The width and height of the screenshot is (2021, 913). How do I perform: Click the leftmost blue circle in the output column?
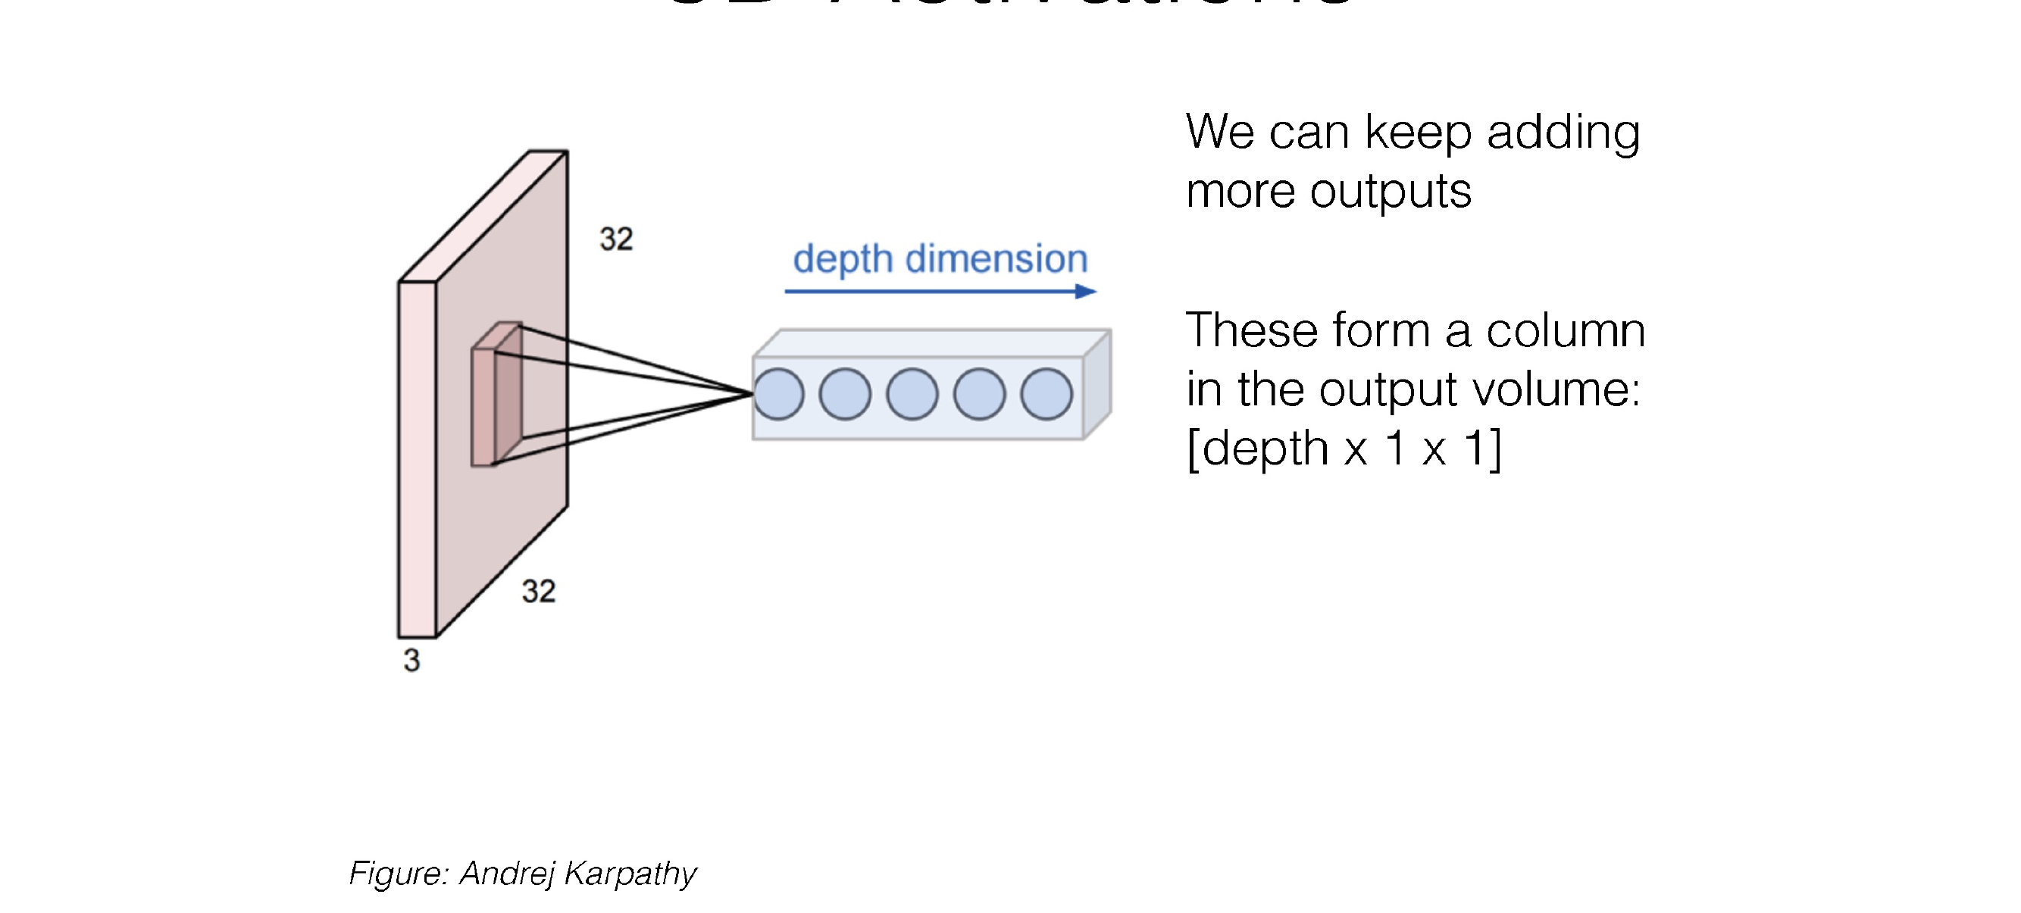(778, 394)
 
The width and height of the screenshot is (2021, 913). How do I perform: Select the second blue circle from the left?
(845, 394)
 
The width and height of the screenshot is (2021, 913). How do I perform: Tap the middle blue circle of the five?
(912, 394)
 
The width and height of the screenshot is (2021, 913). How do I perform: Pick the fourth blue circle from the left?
(979, 394)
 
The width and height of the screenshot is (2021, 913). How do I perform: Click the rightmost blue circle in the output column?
(1046, 394)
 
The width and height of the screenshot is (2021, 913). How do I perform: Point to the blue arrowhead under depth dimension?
(1086, 292)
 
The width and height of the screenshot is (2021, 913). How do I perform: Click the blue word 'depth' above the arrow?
(843, 260)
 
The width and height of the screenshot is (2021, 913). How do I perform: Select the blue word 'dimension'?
(996, 260)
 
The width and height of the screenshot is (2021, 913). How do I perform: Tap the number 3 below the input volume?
(412, 661)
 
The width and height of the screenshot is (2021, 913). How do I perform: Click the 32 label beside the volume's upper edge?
(616, 239)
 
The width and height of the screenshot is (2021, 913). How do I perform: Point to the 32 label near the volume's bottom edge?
(538, 592)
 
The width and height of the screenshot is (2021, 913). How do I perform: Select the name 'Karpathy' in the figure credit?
(630, 874)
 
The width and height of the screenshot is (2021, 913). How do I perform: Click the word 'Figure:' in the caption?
(399, 874)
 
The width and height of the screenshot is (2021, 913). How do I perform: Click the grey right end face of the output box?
(1097, 384)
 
